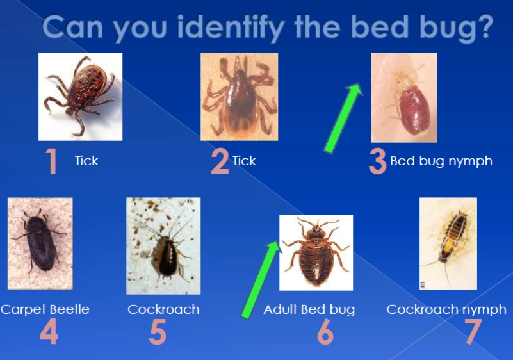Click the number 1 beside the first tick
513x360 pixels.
point(51,161)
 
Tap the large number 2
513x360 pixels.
point(220,161)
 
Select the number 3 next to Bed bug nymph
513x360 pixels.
point(378,161)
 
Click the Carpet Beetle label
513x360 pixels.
point(45,309)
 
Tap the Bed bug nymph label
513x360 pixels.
point(441,161)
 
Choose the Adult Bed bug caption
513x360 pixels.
point(309,309)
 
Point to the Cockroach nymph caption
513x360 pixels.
point(446,309)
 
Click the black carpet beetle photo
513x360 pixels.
point(40,243)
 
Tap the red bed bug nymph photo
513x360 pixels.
point(403,97)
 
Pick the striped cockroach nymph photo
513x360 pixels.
point(448,243)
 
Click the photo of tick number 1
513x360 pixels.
point(80,96)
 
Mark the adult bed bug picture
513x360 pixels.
point(316,252)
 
